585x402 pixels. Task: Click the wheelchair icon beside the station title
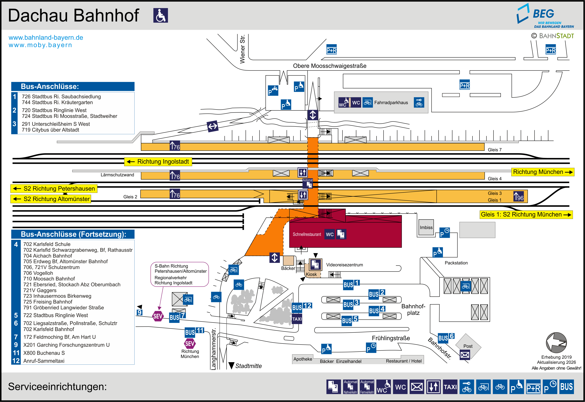[x=161, y=15]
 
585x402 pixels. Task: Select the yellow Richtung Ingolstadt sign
[x=158, y=162]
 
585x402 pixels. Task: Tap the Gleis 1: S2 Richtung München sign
[x=526, y=215]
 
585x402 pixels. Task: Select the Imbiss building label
[x=426, y=227]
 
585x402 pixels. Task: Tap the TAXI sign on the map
[x=297, y=319]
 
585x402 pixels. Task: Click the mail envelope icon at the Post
[x=465, y=355]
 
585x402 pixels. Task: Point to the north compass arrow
[x=556, y=343]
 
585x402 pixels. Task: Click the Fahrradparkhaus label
[x=391, y=103]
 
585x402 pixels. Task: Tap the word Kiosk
[x=311, y=274]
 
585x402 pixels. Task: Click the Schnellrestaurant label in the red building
[x=307, y=234]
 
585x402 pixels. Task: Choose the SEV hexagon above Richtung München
[x=190, y=344]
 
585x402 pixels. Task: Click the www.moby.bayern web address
[x=40, y=45]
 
